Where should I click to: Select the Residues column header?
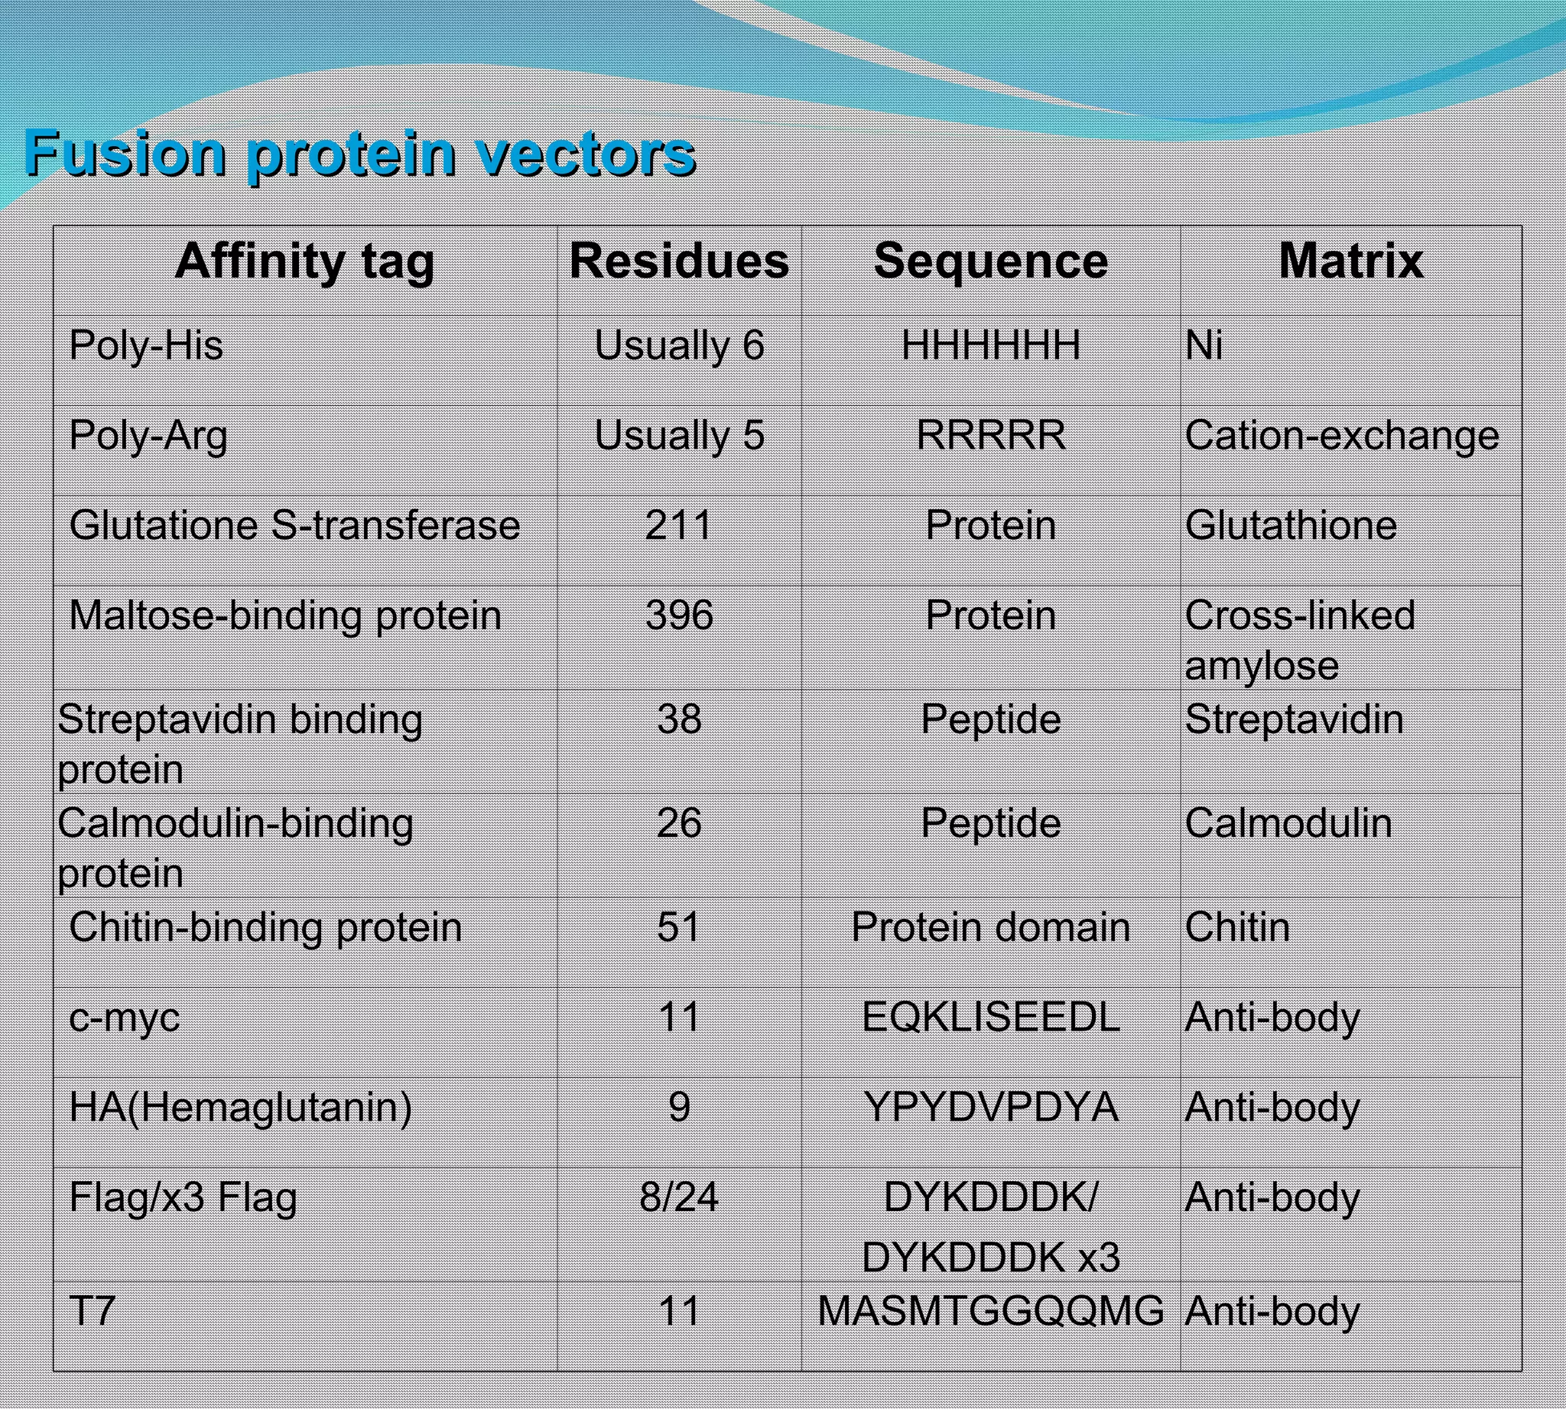pos(679,261)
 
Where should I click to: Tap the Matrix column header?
pos(1350,261)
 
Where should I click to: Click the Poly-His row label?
pos(145,346)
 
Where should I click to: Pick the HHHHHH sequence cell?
pos(990,346)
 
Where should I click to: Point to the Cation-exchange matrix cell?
pos(1341,435)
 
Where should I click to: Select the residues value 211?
pos(678,526)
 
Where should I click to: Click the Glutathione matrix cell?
pos(1291,526)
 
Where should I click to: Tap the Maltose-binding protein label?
pos(285,615)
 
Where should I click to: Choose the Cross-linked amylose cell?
pos(1300,640)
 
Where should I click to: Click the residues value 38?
pos(679,719)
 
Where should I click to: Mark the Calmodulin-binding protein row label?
pos(235,848)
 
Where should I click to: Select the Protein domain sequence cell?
pos(990,927)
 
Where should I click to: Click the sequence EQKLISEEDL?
pos(990,1018)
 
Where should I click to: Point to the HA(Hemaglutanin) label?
pos(240,1107)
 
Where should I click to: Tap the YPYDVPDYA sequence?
pos(990,1107)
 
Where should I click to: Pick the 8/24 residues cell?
pos(679,1198)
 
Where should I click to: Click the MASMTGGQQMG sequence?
pos(990,1311)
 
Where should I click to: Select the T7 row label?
pos(93,1311)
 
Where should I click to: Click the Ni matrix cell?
pos(1204,346)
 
